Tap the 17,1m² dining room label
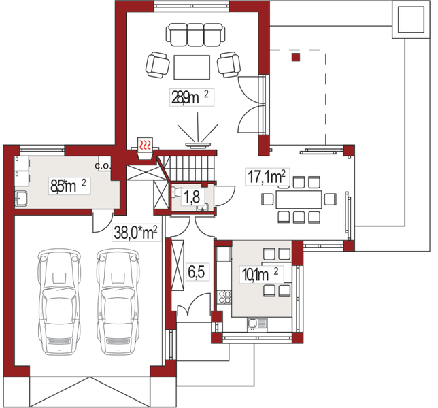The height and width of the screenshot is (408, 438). (267, 177)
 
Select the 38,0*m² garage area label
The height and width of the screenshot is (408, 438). (136, 233)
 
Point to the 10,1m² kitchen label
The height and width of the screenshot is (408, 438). (260, 275)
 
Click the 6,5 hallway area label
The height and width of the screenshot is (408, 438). (197, 272)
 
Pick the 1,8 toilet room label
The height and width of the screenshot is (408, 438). (192, 197)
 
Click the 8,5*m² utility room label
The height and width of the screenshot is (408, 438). (69, 186)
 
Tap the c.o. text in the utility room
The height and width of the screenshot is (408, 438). (103, 166)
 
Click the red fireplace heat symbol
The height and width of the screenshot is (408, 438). (146, 144)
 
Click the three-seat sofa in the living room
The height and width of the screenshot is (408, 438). (196, 35)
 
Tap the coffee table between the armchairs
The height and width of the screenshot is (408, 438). (192, 67)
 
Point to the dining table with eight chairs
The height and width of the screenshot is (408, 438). (299, 199)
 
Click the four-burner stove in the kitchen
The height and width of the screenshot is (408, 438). (224, 297)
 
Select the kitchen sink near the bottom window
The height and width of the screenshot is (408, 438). (257, 324)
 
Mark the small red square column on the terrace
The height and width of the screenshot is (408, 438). (296, 57)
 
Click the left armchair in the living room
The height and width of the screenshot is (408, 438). (157, 65)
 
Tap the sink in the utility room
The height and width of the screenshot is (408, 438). (21, 199)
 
